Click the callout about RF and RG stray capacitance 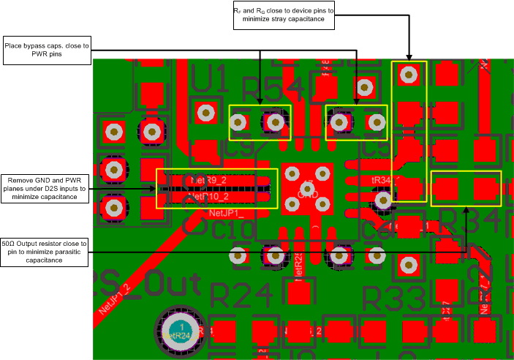(x=283, y=16)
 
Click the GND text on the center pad (x=308, y=185)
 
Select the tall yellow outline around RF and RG (x=409, y=132)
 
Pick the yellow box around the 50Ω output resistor (x=466, y=189)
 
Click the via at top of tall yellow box (x=409, y=74)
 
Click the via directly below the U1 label (x=206, y=113)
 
